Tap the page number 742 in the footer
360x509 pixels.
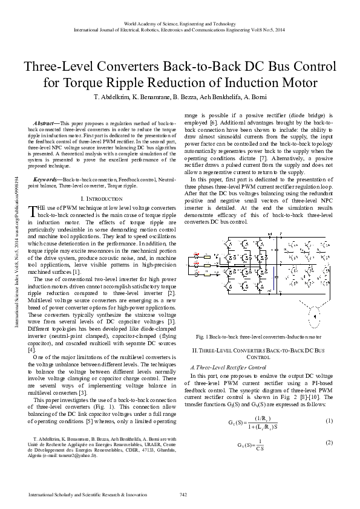(x=183, y=494)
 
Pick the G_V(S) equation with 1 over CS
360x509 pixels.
(x=241, y=427)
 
